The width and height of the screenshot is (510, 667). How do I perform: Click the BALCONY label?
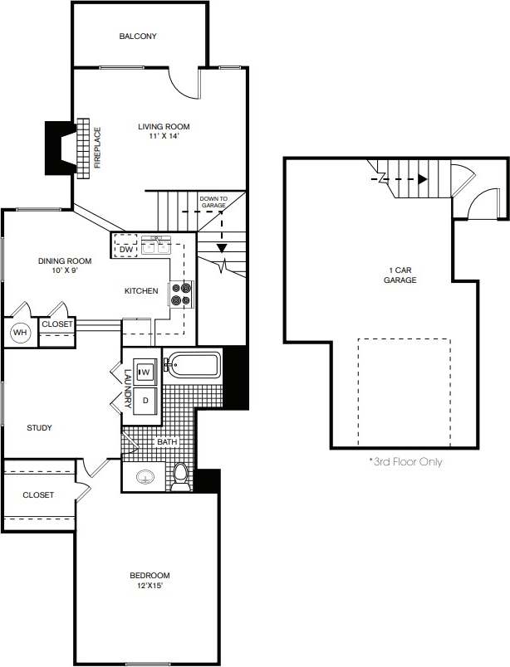138,37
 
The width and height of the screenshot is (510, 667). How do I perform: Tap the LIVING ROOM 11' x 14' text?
164,132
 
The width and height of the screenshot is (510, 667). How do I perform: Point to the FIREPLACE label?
97,147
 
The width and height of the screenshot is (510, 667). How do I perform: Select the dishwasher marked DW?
126,249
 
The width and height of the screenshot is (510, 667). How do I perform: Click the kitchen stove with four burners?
181,294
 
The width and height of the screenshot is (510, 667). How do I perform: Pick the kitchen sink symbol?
156,246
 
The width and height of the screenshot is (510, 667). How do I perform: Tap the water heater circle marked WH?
19,332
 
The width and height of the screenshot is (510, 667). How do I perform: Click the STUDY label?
39,428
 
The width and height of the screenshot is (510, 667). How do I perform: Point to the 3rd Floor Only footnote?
405,462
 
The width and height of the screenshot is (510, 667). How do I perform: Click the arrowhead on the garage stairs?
423,178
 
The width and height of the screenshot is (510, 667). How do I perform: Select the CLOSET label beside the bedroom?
38,495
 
